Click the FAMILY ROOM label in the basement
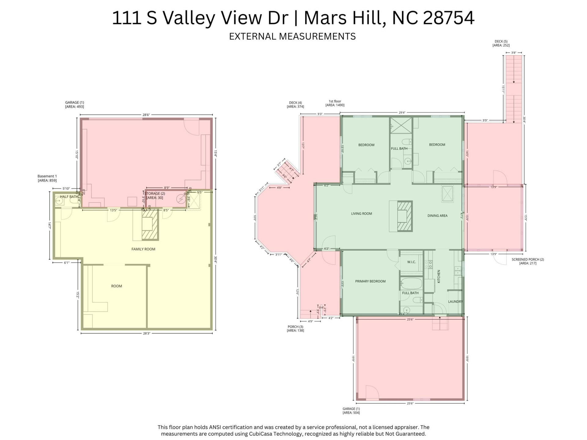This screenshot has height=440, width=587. point(143,249)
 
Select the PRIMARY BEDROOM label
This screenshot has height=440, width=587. point(370,281)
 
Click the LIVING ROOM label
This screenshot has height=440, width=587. point(361,214)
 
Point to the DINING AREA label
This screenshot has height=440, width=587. point(437,215)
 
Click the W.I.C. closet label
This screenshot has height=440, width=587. point(411,262)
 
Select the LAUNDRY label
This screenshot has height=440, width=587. point(455,301)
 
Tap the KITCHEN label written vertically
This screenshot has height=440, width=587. point(439,276)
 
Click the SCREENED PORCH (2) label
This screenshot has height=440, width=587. point(528,261)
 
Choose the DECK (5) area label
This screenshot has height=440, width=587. point(501,43)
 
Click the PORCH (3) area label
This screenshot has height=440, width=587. point(295,328)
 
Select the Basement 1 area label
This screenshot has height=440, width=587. point(47,178)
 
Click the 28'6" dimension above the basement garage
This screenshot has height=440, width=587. point(146,115)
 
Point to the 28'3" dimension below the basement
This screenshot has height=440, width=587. point(146,333)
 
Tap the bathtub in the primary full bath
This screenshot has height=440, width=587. point(411,284)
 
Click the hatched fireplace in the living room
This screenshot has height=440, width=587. point(404,216)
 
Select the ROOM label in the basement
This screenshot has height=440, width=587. point(116,286)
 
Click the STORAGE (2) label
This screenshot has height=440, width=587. point(155,195)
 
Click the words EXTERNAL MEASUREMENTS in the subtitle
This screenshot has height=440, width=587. point(292,36)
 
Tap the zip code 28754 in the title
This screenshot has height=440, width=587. point(449,18)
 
